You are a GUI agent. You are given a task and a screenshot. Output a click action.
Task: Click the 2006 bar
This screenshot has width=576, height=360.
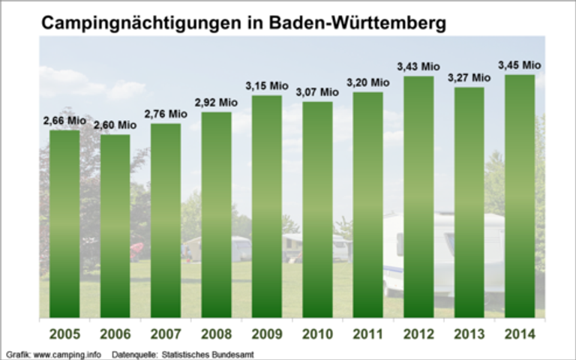point(115,226)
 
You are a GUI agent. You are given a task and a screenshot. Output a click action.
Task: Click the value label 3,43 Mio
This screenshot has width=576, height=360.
point(418,67)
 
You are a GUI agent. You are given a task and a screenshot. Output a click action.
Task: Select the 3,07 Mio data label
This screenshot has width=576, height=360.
point(316,92)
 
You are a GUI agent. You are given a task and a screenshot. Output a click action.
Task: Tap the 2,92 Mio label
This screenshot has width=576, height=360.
point(216,103)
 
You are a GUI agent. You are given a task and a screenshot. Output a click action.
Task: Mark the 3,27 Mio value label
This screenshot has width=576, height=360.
point(469,77)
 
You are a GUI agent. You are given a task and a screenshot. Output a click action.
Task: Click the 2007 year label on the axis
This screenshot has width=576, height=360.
point(166,334)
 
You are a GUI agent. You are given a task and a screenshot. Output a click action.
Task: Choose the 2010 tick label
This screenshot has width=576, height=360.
point(317,334)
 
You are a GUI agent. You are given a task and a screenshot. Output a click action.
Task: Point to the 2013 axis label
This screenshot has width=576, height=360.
point(469,334)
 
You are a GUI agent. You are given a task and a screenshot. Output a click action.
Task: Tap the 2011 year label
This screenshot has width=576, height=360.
point(367,334)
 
